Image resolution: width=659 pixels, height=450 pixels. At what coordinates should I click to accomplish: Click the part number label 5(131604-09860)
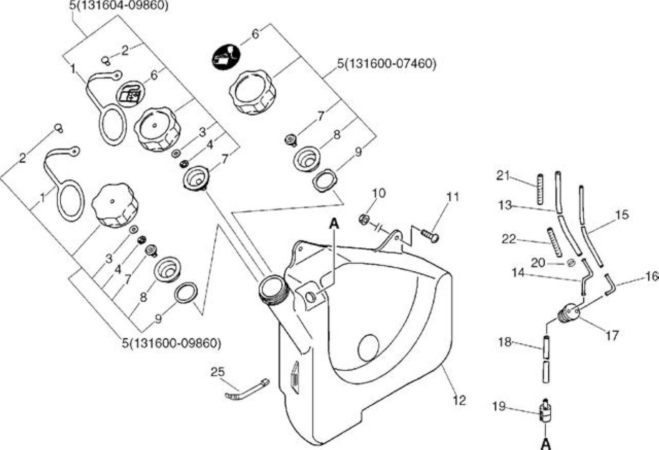pyautogui.click(x=119, y=6)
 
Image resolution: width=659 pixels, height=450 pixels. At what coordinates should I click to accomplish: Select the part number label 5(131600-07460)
pyautogui.click(x=387, y=63)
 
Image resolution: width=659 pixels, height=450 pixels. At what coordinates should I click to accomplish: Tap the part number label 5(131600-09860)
pyautogui.click(x=171, y=343)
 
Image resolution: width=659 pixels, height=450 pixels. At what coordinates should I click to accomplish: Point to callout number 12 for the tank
pyautogui.click(x=459, y=400)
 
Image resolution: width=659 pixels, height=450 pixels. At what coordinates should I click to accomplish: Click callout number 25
pyautogui.click(x=218, y=372)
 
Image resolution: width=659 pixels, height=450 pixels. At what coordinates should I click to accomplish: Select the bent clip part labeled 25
pyautogui.click(x=247, y=390)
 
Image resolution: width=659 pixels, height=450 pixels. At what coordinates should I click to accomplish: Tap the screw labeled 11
pyautogui.click(x=430, y=235)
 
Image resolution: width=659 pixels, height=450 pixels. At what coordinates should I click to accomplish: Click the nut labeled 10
pyautogui.click(x=363, y=219)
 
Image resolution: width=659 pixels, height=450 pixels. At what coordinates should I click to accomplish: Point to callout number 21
pyautogui.click(x=503, y=176)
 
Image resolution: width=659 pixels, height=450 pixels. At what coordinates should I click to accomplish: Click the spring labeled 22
pyautogui.click(x=554, y=243)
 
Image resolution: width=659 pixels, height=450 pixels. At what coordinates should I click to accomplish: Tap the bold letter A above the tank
pyautogui.click(x=334, y=224)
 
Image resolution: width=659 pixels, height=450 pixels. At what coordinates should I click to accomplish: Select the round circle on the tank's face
pyautogui.click(x=368, y=348)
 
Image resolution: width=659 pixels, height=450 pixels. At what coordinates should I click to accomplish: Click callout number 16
pyautogui.click(x=652, y=276)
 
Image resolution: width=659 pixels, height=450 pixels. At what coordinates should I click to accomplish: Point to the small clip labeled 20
pyautogui.click(x=570, y=263)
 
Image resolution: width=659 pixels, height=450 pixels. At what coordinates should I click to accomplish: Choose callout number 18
pyautogui.click(x=505, y=342)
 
